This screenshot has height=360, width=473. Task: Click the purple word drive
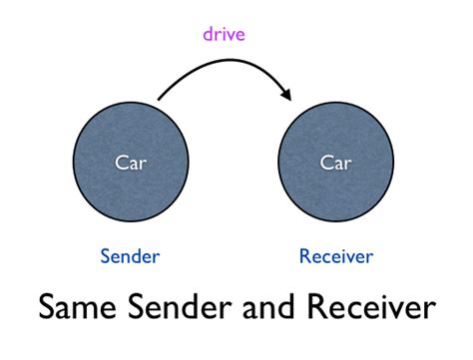click(224, 35)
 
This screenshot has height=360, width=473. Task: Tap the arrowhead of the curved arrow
click(287, 95)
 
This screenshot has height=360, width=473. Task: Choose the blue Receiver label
click(336, 256)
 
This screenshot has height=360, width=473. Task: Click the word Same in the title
click(77, 306)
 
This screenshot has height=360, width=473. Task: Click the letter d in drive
click(207, 35)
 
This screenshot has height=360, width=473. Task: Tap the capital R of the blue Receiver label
click(304, 256)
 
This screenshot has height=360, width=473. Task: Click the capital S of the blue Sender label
click(105, 256)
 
